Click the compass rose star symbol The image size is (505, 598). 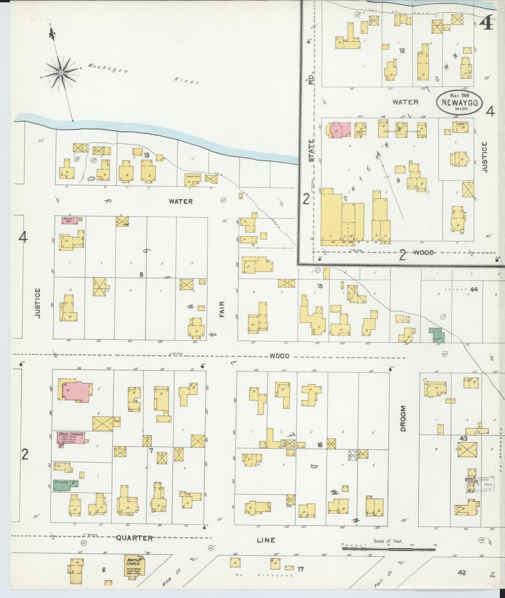pos(61,73)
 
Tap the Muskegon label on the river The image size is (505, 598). pos(108,69)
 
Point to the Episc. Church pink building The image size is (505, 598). pos(71,438)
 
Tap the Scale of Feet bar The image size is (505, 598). pos(388,549)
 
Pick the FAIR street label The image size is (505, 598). pos(222,308)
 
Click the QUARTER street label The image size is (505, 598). pos(135,538)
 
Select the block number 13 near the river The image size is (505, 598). pos(146,155)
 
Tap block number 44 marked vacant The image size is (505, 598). pos(474,290)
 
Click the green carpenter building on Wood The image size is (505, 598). pos(436,335)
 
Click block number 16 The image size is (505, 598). pos(320,445)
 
